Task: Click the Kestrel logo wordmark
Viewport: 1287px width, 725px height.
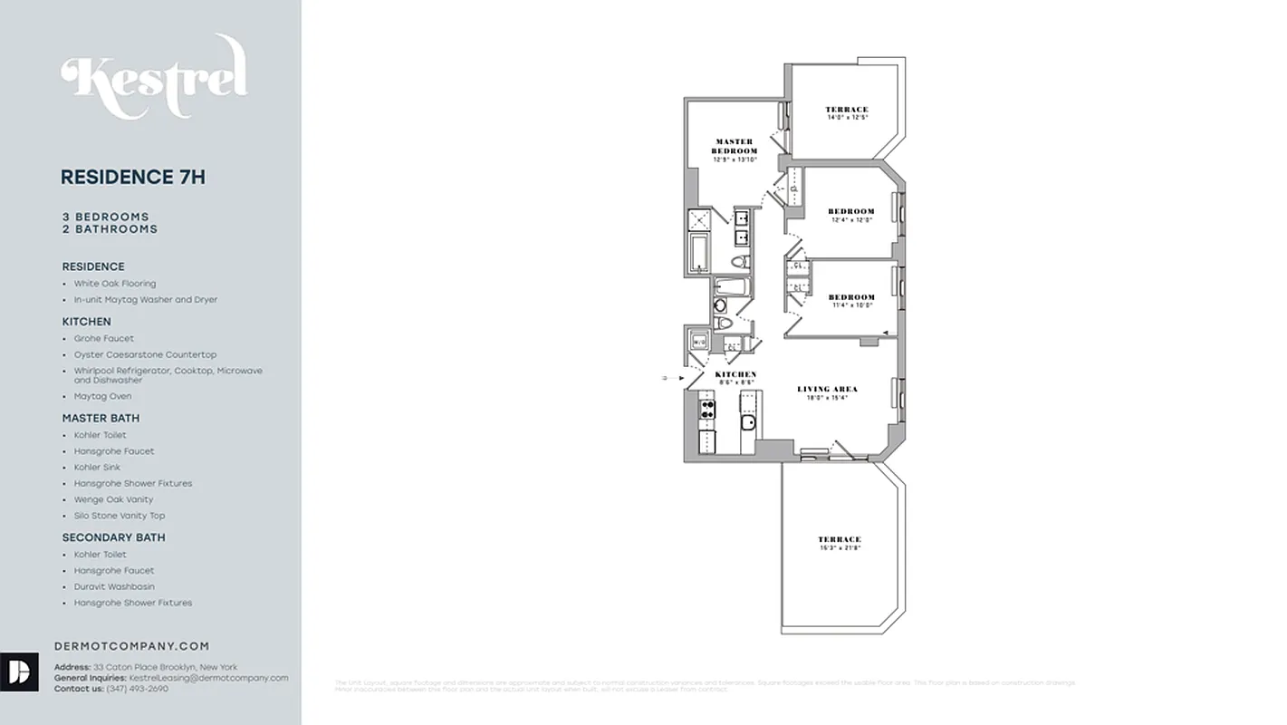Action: tap(154, 78)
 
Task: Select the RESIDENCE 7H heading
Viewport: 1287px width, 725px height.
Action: tap(133, 178)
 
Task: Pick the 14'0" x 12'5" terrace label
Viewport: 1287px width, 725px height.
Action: tap(847, 113)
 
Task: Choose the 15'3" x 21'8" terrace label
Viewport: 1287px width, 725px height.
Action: tap(840, 543)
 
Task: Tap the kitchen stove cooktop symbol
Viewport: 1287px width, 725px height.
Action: tap(707, 408)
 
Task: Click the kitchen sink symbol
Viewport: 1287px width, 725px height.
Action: tap(749, 423)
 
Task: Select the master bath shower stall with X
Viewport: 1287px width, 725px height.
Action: tap(698, 220)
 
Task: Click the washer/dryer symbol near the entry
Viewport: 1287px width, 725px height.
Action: tap(698, 342)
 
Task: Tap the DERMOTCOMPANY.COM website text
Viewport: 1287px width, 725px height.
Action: tap(132, 646)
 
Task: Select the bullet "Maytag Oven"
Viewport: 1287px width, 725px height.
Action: tap(102, 396)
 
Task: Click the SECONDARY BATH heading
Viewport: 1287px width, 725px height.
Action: tap(113, 537)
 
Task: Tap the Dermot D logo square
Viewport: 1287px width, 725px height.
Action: tap(19, 672)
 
